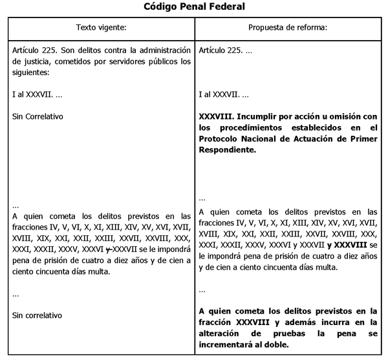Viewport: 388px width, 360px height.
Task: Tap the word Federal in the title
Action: (226, 7)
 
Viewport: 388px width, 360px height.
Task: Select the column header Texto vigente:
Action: (102, 28)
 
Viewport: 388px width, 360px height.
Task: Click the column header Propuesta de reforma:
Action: (288, 28)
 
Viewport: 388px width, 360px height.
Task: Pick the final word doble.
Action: (278, 344)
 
